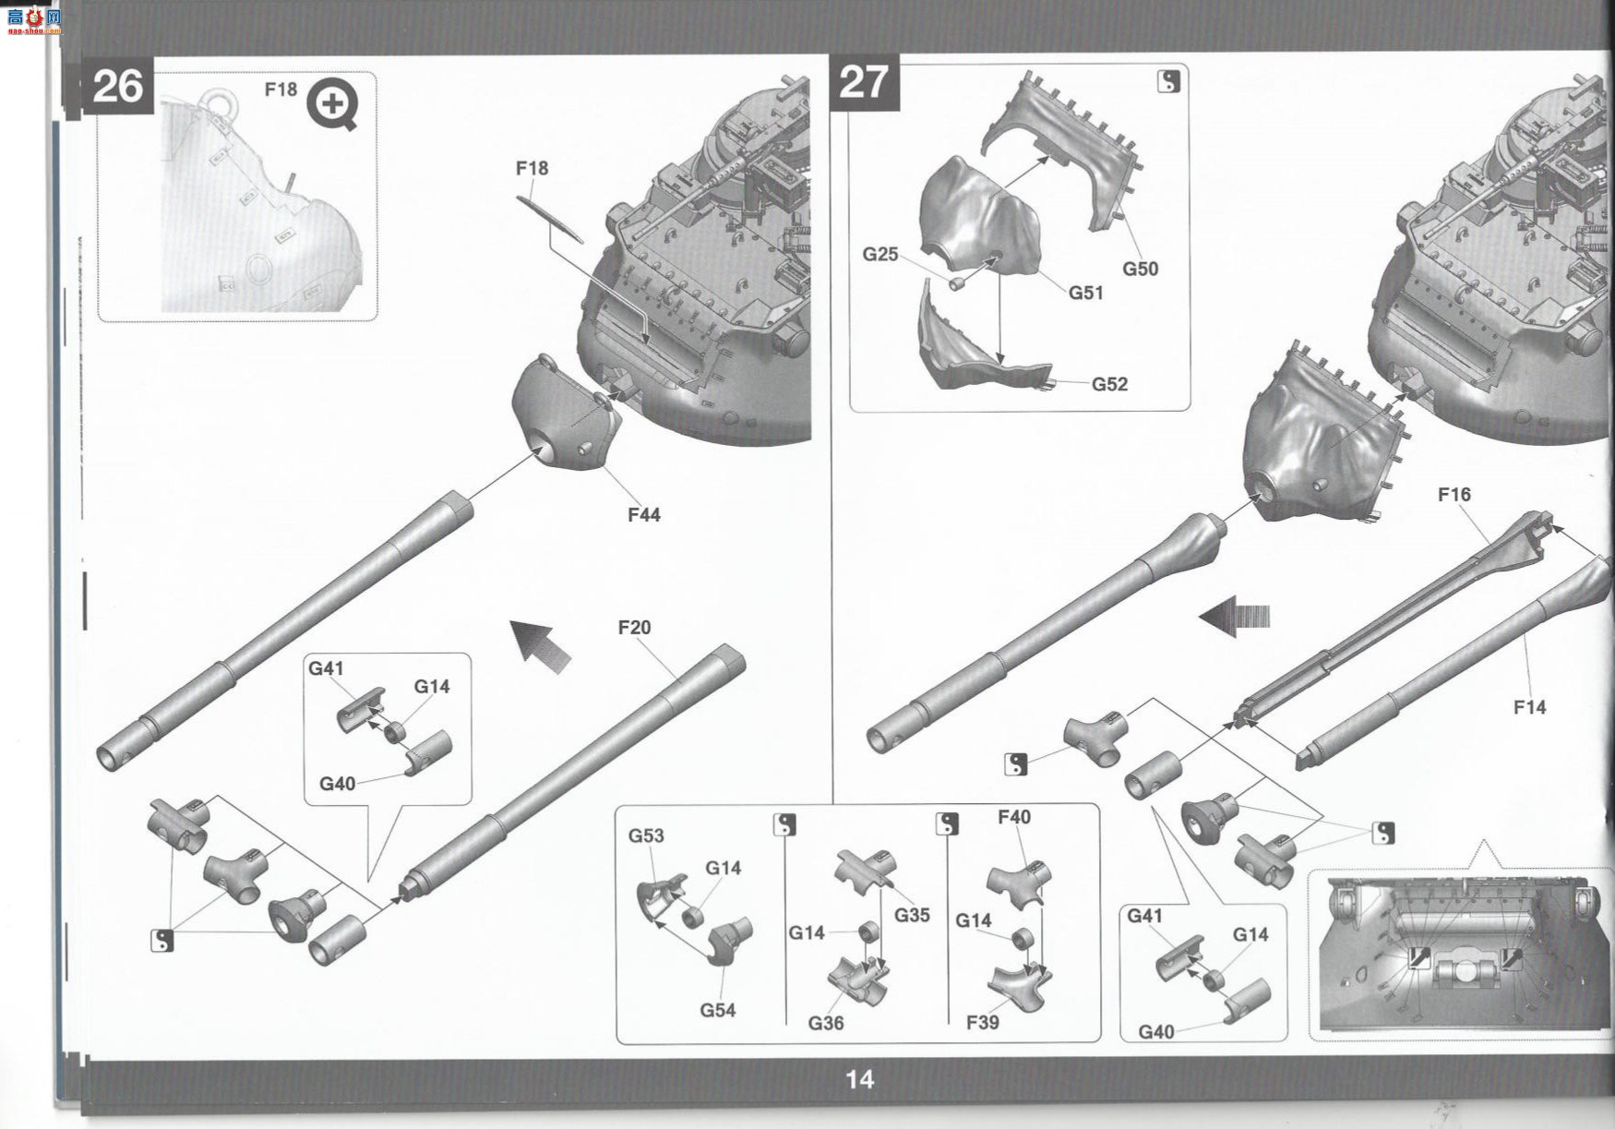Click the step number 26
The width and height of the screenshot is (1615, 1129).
pyautogui.click(x=118, y=87)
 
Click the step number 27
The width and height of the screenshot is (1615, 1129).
pyautogui.click(x=864, y=82)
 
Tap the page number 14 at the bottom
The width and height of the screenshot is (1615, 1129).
pyautogui.click(x=859, y=1079)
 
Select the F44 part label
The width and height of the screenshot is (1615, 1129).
pyautogui.click(x=644, y=515)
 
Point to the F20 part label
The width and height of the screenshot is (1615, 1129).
pyautogui.click(x=634, y=628)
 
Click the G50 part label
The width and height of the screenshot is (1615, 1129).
pyautogui.click(x=1141, y=269)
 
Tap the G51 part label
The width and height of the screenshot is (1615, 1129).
pyautogui.click(x=1086, y=293)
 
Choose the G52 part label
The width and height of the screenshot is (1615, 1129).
pyautogui.click(x=1110, y=384)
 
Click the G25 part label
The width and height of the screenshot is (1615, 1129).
pyautogui.click(x=880, y=254)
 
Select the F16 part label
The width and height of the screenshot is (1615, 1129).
pyautogui.click(x=1454, y=495)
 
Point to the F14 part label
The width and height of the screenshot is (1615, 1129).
pyautogui.click(x=1530, y=707)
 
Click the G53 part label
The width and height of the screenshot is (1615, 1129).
pyautogui.click(x=646, y=835)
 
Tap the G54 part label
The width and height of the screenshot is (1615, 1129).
pyautogui.click(x=717, y=1010)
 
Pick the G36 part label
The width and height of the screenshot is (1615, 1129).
pyautogui.click(x=826, y=1023)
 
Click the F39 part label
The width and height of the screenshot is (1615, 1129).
pyautogui.click(x=983, y=1023)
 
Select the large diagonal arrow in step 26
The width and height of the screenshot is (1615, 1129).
pyautogui.click(x=542, y=644)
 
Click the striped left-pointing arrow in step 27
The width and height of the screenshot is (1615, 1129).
pyautogui.click(x=1235, y=616)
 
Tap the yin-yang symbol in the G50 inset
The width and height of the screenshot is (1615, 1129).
pyautogui.click(x=1168, y=81)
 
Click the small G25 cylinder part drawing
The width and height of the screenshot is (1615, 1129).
pyautogui.click(x=960, y=282)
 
